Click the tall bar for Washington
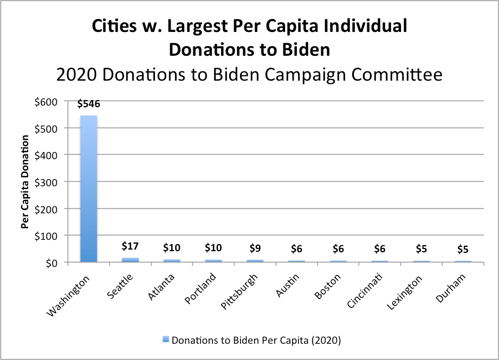click(88, 188)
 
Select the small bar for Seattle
click(130, 260)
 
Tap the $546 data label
click(88, 104)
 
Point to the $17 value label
click(130, 246)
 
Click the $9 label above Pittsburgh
click(255, 248)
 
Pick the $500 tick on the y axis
click(46, 129)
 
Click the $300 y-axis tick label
click(46, 182)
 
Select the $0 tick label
click(51, 263)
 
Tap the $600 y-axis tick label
click(46, 102)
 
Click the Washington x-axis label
click(68, 297)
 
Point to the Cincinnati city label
click(365, 291)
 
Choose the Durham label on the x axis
click(451, 288)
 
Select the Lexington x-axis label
click(405, 292)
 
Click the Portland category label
click(200, 289)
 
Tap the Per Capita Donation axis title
click(25, 181)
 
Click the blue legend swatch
click(165, 339)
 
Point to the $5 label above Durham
click(463, 250)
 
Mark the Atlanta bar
click(172, 261)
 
